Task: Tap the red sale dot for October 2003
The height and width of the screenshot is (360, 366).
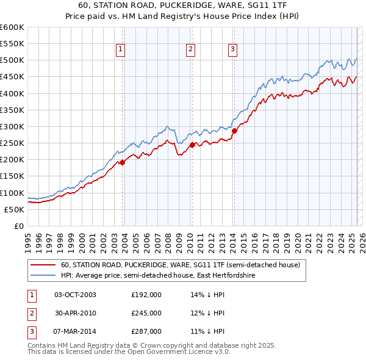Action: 122,162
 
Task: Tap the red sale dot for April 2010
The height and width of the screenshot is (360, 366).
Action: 192,145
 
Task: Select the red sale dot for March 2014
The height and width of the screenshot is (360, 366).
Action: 234,131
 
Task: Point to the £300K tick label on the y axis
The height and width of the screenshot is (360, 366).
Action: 12,126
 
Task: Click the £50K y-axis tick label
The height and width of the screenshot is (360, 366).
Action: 15,209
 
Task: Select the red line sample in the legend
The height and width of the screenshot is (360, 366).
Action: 43,265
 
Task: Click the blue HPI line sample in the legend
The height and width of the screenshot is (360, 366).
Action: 43,276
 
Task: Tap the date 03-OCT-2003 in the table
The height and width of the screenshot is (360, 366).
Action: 76,295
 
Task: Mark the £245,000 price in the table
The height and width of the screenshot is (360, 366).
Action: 146,313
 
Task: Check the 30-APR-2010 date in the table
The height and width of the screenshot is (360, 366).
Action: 76,313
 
